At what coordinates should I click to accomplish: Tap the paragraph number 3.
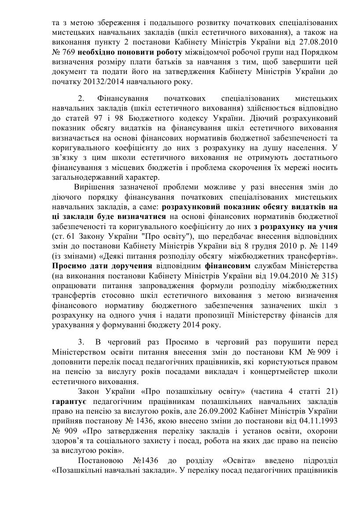click(81, 342)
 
